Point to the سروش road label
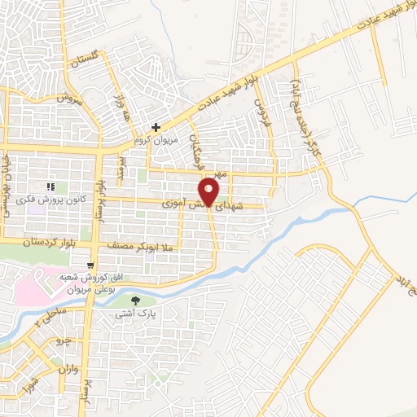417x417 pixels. tap(70, 98)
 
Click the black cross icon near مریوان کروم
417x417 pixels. tap(156, 127)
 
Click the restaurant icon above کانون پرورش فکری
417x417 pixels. tap(51, 165)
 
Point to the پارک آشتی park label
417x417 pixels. tap(135, 313)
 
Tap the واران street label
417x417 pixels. tap(69, 368)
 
